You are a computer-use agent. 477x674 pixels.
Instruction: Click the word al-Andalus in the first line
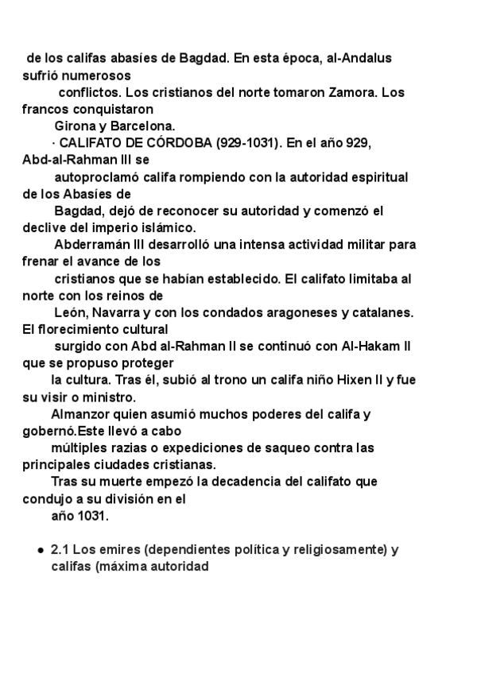(x=359, y=58)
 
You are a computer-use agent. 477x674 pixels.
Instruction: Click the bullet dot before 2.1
(x=41, y=550)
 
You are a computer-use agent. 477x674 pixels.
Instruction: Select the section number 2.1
(x=60, y=549)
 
